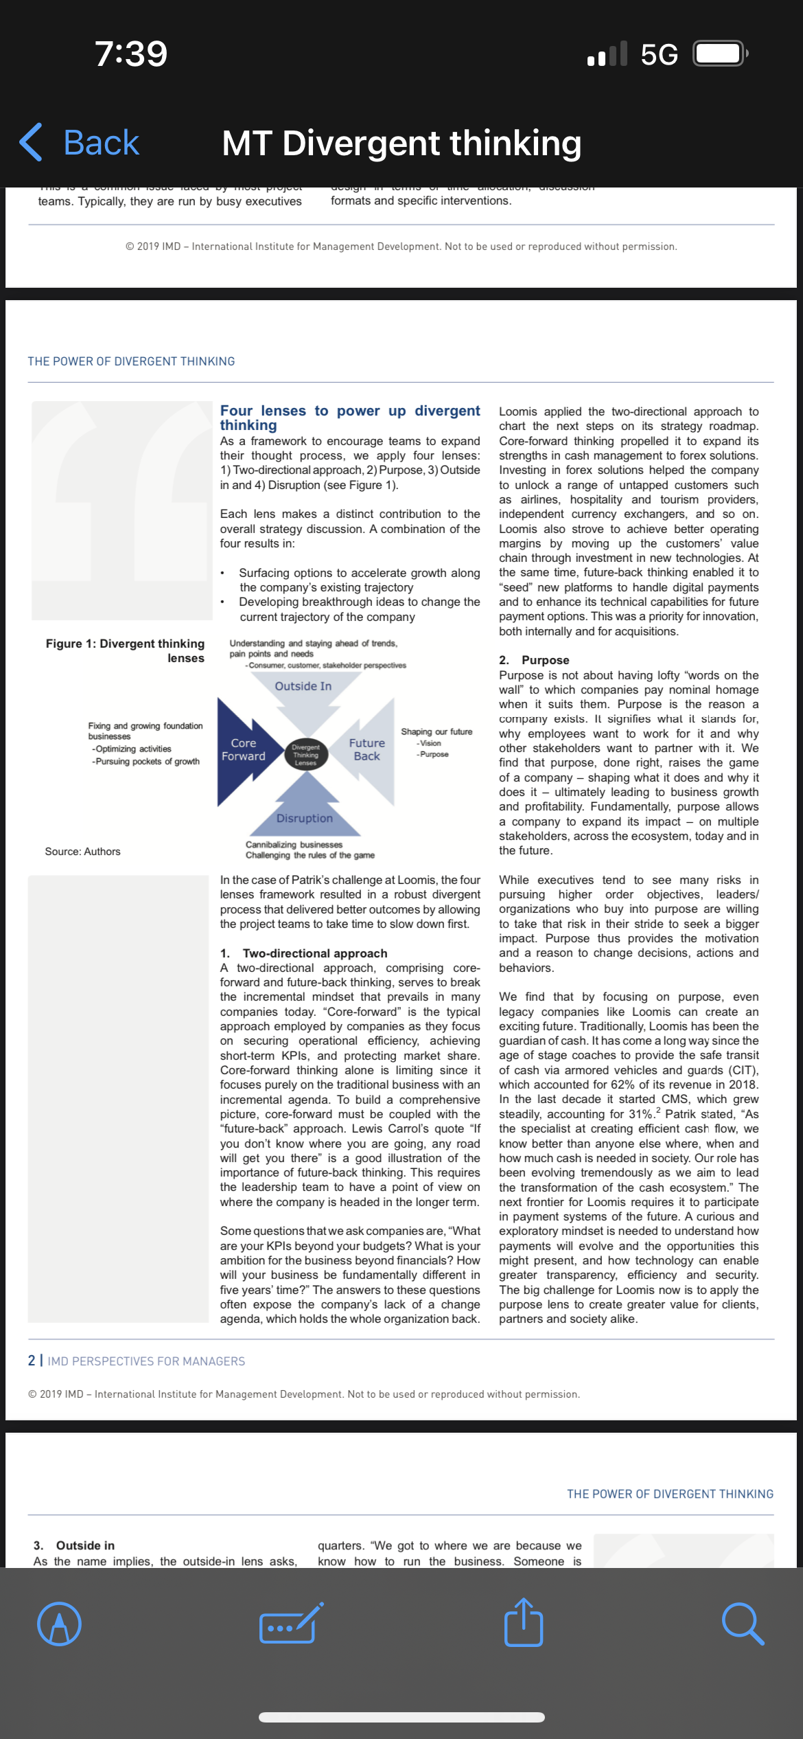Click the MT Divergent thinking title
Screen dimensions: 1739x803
coord(401,144)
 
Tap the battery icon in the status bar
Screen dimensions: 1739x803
coord(719,54)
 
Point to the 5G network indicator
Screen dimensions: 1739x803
coord(659,54)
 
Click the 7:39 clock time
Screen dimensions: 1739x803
coord(131,54)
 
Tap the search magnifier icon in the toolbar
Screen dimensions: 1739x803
coord(743,1624)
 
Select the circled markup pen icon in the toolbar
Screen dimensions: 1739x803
coord(60,1624)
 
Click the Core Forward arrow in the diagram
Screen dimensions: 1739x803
coord(244,750)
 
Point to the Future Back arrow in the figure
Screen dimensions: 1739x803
coord(367,749)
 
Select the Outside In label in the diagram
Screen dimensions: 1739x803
coord(303,686)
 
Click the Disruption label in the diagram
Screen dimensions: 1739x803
coord(305,818)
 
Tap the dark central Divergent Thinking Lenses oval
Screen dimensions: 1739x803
coord(306,755)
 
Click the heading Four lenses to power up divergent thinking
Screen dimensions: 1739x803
coord(350,418)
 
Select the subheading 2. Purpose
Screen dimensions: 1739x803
coord(535,660)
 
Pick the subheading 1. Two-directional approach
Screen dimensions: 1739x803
coord(304,953)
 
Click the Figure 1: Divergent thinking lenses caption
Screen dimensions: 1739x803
coord(126,650)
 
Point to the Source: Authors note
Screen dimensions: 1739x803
coord(82,852)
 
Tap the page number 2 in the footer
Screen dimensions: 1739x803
coord(32,1361)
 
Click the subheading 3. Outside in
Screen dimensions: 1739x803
coord(74,1545)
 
